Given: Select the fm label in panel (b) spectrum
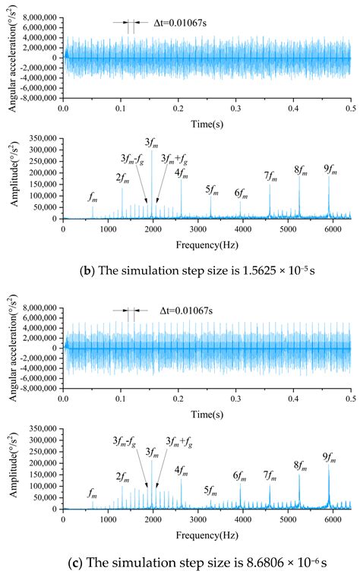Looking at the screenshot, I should coord(93,199).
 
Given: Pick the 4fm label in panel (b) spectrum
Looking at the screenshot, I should coord(182,172).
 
